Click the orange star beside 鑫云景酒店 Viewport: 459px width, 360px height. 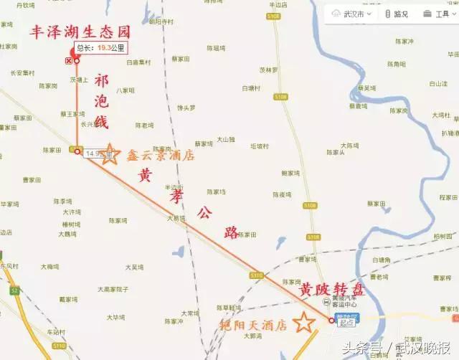(x=109, y=154)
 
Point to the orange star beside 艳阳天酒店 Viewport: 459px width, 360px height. (x=304, y=323)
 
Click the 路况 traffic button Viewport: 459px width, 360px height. (x=397, y=13)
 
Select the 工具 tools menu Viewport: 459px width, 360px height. (x=436, y=13)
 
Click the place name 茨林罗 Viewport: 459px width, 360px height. (x=268, y=70)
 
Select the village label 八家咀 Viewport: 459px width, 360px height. (x=126, y=90)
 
